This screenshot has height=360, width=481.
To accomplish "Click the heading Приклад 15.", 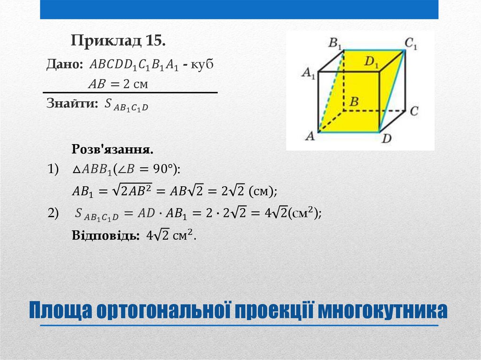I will point(118,41).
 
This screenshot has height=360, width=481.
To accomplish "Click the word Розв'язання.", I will point(112,150).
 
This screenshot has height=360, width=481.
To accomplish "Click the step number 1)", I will point(53,169).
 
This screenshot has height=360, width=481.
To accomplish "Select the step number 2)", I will point(53,213).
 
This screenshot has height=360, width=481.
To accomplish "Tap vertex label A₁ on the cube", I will point(308,73).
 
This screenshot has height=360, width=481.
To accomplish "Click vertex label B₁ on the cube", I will point(335,44).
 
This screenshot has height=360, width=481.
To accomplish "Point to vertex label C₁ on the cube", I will point(411,44).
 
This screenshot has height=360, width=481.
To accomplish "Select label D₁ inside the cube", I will point(372,61).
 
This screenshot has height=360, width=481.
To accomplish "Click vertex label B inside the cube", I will point(355,101).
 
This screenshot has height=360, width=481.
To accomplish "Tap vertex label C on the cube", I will point(413,111).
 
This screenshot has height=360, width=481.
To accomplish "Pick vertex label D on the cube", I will point(386,138).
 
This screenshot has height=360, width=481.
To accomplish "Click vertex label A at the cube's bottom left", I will point(310,136).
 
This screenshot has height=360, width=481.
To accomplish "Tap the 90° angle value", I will point(159,169).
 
